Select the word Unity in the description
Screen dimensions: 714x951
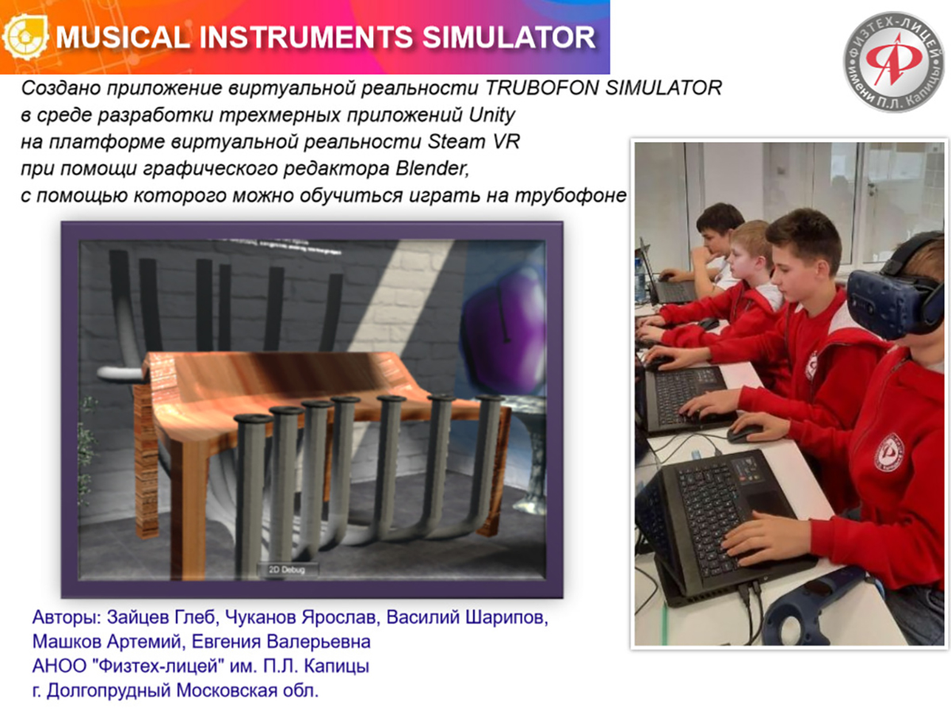pos(492,115)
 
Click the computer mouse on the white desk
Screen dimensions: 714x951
pos(744,433)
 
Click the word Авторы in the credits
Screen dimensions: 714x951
pos(63,616)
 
